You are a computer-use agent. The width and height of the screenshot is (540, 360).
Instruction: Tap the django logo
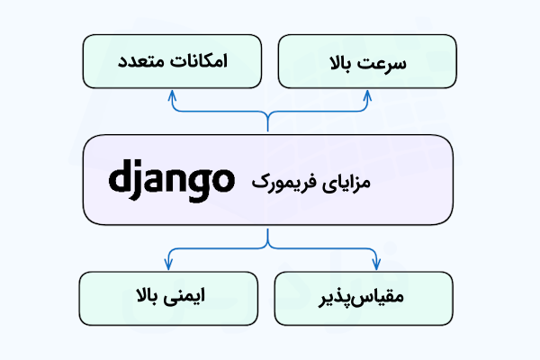pyautogui.click(x=170, y=181)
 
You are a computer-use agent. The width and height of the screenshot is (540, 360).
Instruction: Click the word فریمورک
pyautogui.click(x=287, y=183)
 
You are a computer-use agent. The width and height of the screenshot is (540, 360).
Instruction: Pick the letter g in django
pyautogui.click(x=197, y=184)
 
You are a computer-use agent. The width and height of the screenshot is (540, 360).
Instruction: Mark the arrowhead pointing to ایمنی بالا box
pyautogui.click(x=167, y=264)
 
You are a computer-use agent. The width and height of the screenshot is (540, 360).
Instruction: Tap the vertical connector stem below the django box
pyautogui.click(x=267, y=236)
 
